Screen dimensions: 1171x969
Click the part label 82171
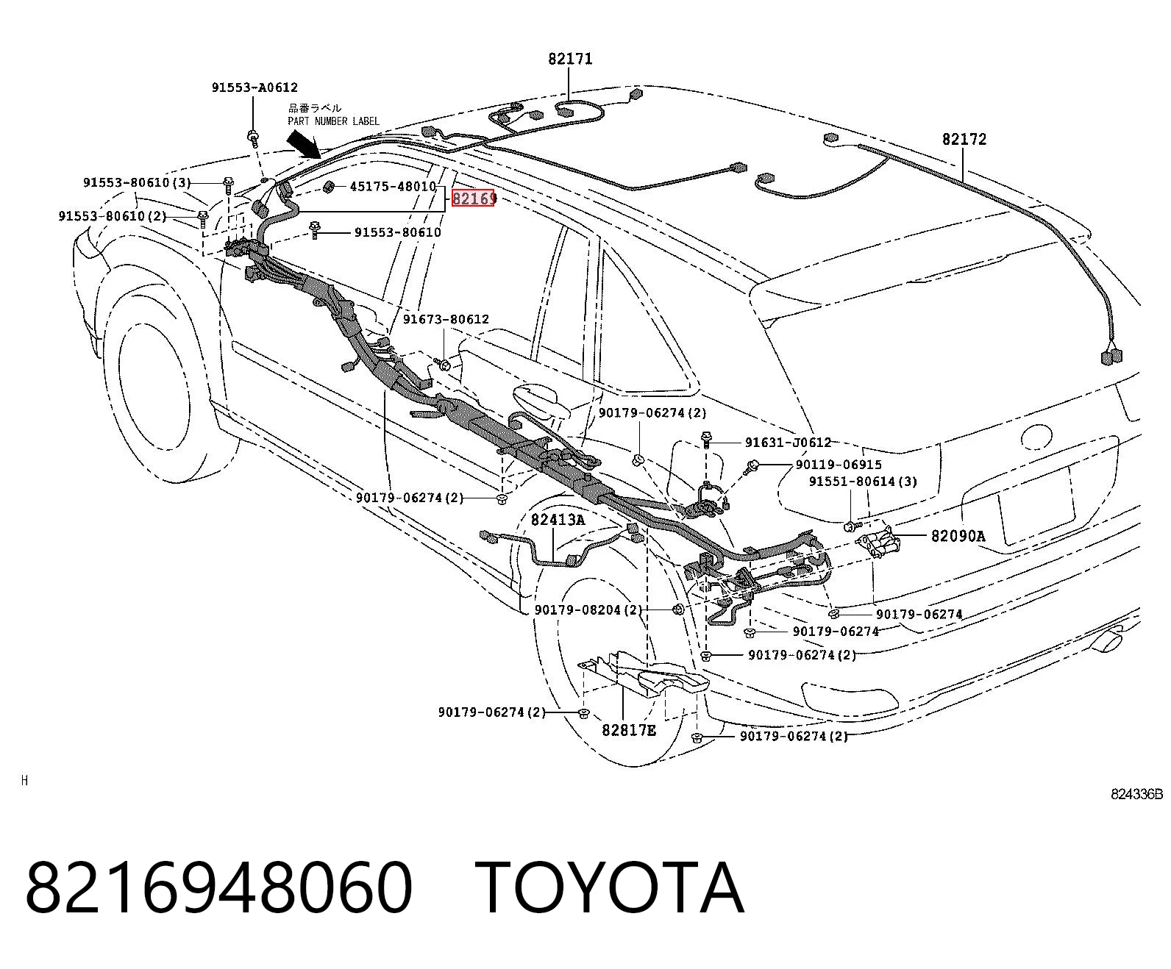tap(570, 59)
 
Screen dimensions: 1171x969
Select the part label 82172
tap(964, 139)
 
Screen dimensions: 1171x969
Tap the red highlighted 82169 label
tap(473, 198)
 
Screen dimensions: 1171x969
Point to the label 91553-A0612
tap(255, 87)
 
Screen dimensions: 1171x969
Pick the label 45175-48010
tap(393, 186)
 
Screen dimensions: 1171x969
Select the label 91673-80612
tap(446, 319)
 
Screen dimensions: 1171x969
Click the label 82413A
tap(558, 520)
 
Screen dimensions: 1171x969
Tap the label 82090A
tap(958, 535)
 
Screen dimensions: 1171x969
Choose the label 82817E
tap(629, 730)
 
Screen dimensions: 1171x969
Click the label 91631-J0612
tap(788, 443)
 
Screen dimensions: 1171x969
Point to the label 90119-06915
tap(839, 465)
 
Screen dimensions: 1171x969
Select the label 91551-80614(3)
tap(863, 481)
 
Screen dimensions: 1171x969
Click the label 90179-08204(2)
tap(588, 609)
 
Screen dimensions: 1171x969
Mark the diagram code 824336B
tap(1136, 795)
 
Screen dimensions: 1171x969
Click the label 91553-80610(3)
tap(137, 182)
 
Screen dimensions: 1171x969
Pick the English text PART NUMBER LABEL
tap(333, 121)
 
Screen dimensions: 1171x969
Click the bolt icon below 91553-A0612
tap(254, 137)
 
